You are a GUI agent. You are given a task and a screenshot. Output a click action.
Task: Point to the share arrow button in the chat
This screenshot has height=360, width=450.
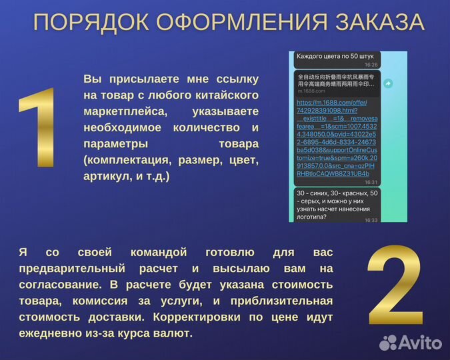coord(388,83)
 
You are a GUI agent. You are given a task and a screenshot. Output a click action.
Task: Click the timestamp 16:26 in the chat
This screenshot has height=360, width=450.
coord(371,65)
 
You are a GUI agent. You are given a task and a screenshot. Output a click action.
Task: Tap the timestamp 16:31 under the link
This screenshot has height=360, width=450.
coord(371,181)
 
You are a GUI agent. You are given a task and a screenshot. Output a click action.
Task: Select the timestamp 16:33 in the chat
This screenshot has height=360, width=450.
coord(371,219)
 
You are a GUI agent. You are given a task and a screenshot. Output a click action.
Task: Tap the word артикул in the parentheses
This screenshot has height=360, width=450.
coord(105,176)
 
